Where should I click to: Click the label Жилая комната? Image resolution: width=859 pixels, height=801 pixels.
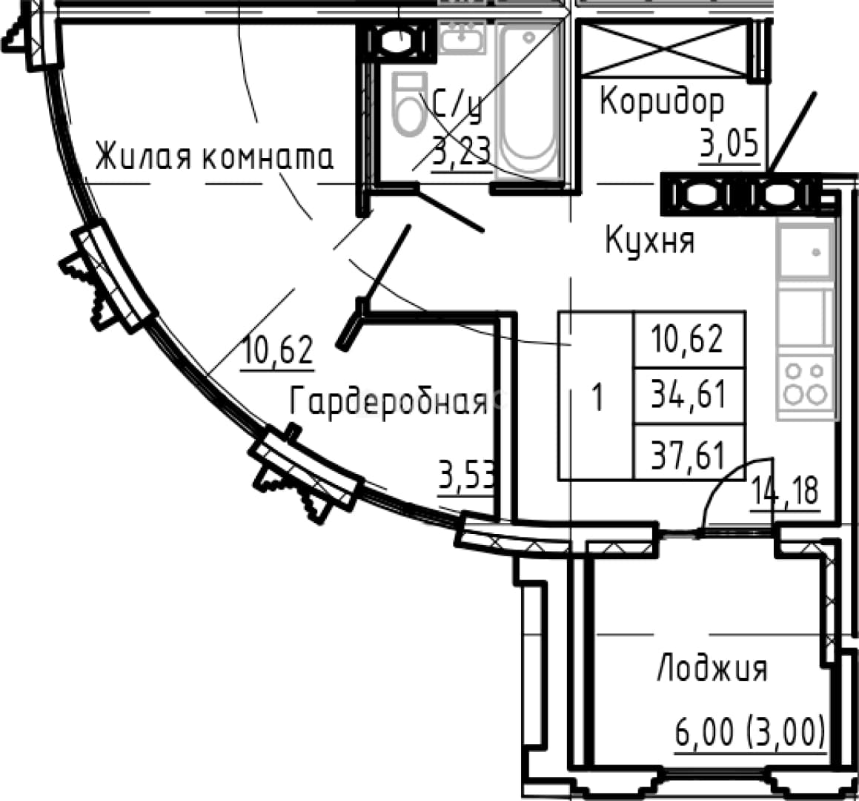pos(214,156)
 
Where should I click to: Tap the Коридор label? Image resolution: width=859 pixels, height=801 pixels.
pos(662,102)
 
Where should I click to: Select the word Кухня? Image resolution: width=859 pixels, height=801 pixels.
pos(650,242)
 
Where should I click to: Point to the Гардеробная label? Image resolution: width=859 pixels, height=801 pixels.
pos(388,402)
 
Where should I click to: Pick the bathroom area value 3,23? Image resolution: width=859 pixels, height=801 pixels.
pos(461,151)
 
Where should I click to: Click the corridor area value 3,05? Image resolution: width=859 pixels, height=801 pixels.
pos(730,144)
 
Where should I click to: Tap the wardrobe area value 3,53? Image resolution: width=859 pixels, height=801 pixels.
pos(467,476)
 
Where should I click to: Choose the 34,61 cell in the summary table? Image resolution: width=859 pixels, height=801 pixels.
pos(689,395)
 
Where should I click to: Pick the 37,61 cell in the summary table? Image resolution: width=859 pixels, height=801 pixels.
pos(689,453)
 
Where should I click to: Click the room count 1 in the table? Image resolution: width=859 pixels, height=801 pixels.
pos(597,396)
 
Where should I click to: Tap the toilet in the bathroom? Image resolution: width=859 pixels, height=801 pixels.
pos(408,104)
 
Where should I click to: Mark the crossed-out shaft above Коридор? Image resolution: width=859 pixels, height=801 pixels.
pos(664,48)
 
